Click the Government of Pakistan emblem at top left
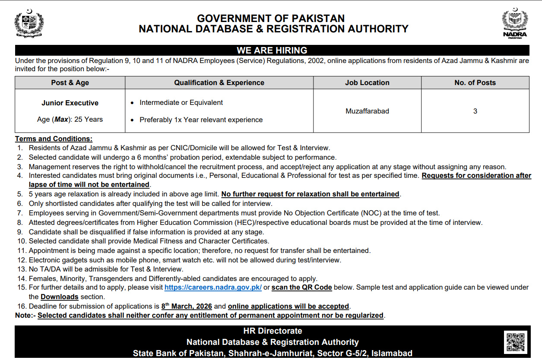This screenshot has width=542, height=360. (x=29, y=23)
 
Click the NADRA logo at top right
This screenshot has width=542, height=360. (x=515, y=23)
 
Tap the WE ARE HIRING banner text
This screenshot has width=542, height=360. (x=272, y=51)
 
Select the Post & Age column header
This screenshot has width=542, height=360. (x=70, y=82)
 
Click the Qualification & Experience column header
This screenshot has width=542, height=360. (x=219, y=82)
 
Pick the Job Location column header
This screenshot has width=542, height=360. (x=367, y=82)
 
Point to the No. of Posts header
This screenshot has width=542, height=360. (x=475, y=82)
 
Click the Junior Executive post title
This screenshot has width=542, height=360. (x=70, y=103)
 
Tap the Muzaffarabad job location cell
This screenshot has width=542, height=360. (x=367, y=111)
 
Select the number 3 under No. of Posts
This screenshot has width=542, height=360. (x=475, y=111)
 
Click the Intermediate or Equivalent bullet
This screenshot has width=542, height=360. (x=181, y=102)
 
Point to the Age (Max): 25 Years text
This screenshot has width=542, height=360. (x=70, y=119)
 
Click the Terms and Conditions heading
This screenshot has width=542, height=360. (x=54, y=139)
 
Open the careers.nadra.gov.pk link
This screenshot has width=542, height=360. (x=213, y=287)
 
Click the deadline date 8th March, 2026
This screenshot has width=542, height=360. (x=187, y=306)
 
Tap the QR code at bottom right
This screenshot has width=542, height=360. (x=515, y=342)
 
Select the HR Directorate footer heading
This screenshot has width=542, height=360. (x=273, y=331)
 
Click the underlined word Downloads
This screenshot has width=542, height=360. (x=60, y=297)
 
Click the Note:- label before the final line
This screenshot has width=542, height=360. (x=25, y=316)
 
